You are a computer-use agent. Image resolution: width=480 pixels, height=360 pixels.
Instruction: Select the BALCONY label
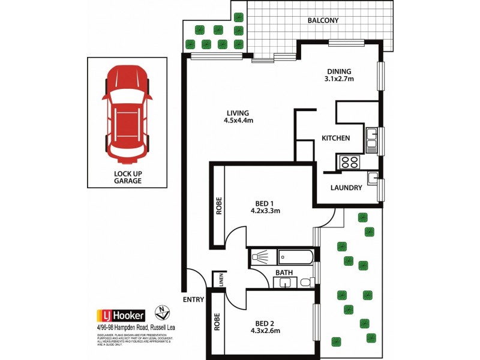(x=323, y=20)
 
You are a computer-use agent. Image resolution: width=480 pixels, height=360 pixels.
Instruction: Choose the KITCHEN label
(x=335, y=138)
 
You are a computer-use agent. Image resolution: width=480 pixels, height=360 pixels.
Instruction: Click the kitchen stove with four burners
(x=349, y=161)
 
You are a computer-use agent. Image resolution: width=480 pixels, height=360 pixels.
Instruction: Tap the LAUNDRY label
(x=346, y=188)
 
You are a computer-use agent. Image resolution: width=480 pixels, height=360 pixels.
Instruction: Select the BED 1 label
(x=265, y=202)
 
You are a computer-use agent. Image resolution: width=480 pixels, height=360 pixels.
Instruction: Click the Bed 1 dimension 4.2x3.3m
(x=265, y=211)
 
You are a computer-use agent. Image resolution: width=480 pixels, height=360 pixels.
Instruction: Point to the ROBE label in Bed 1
(x=219, y=206)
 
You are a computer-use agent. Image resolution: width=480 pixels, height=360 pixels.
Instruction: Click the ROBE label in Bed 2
(x=216, y=322)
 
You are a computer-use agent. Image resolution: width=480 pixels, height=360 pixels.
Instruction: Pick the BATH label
(x=283, y=272)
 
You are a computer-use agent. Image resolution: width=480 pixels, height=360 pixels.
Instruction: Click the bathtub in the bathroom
(x=289, y=257)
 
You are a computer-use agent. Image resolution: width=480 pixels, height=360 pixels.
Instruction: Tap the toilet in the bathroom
(x=305, y=281)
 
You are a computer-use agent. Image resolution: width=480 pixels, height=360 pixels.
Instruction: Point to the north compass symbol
(x=160, y=311)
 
